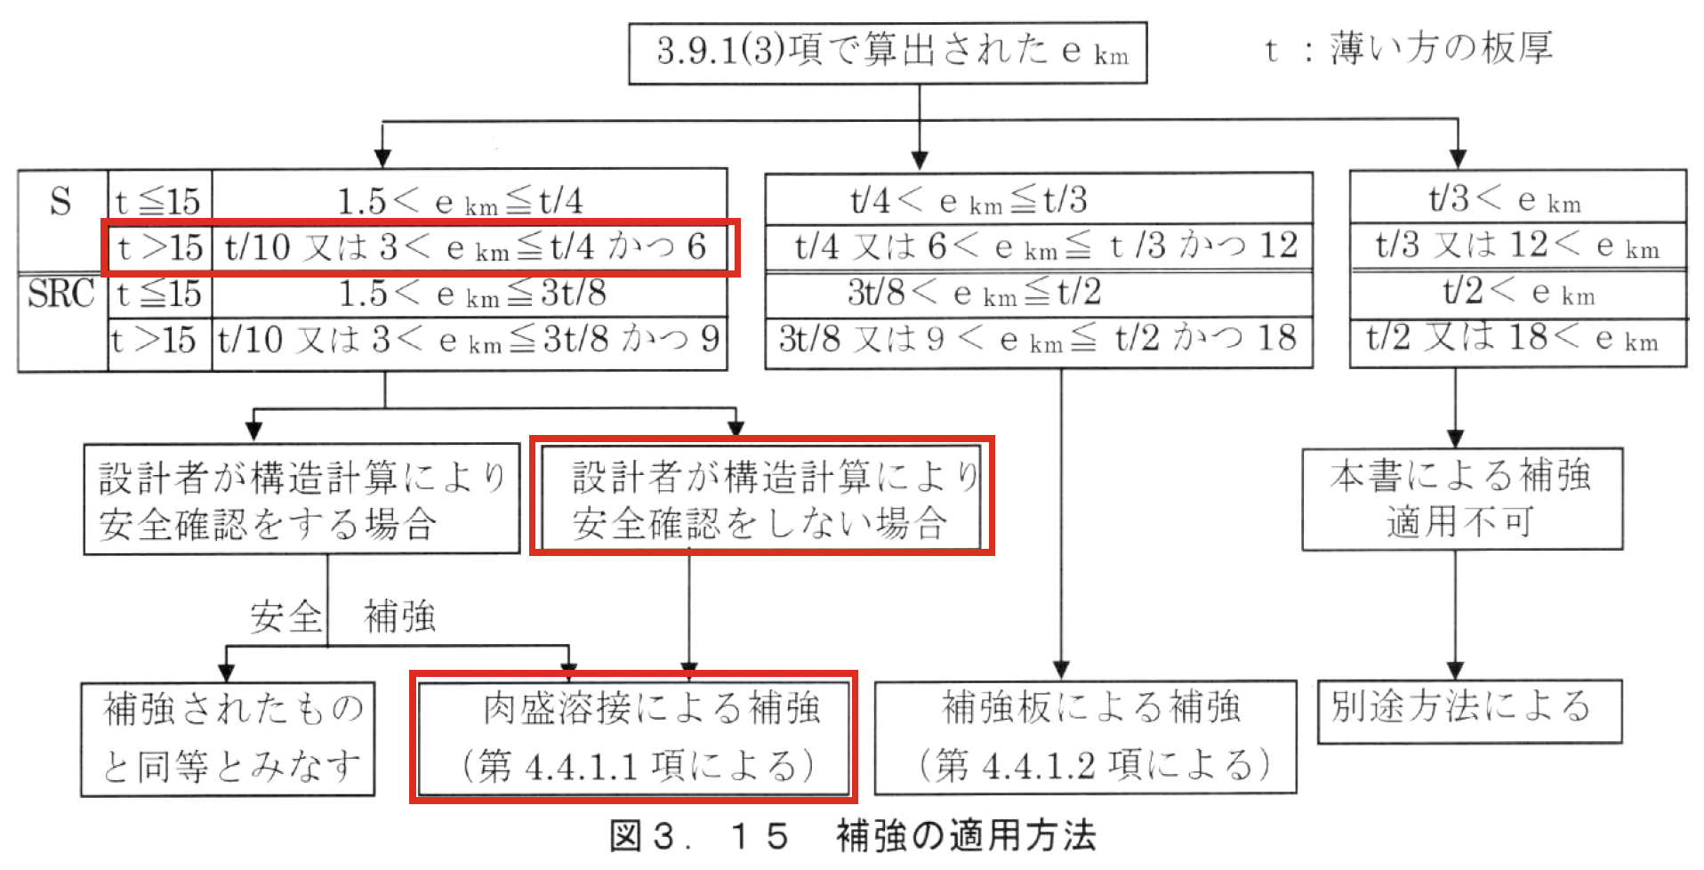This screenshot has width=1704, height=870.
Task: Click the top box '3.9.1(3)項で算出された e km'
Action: pos(887,52)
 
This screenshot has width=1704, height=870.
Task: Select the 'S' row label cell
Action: pos(61,203)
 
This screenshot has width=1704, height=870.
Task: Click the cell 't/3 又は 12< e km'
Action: pos(1517,246)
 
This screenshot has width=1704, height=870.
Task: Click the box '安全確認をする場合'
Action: pos(301,499)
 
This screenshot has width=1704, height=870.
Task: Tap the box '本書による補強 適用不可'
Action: pos(1461,499)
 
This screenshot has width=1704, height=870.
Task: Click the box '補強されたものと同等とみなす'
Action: pos(228,738)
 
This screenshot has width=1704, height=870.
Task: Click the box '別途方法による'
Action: pos(1468,711)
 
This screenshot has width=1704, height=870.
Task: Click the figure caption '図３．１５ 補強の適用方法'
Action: pos(852,836)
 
